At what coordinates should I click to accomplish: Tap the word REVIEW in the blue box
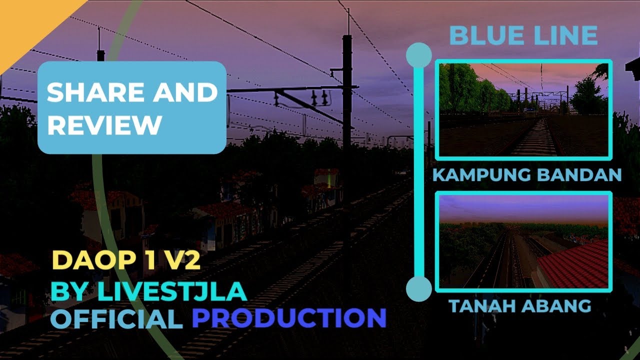(x=104, y=124)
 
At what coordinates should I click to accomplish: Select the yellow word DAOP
(x=83, y=261)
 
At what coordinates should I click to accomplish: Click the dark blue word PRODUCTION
(x=288, y=318)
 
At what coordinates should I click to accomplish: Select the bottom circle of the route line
(x=419, y=288)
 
